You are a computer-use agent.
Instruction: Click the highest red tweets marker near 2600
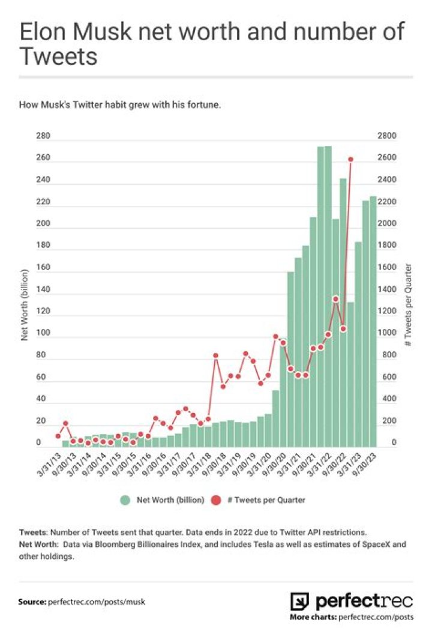tap(350, 159)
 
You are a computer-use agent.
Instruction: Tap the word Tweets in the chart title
tap(58, 56)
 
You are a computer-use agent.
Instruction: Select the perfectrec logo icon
tap(299, 601)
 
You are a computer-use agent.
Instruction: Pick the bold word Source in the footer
tap(32, 601)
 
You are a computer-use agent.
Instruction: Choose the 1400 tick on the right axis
tap(387, 289)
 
